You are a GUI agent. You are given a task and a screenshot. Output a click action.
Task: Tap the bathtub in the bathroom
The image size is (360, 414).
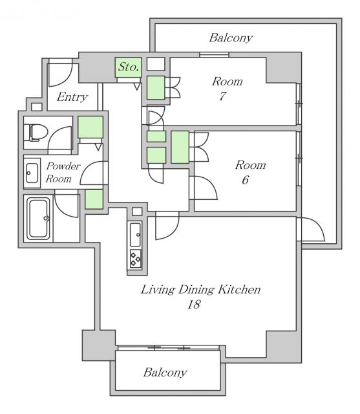coord(38,218)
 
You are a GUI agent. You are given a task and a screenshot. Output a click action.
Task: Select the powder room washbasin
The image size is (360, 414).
coord(32,173)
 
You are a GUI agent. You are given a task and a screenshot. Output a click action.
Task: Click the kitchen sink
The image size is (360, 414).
coord(136,234)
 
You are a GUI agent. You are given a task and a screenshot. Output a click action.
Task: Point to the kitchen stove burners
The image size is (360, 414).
coord(136,258)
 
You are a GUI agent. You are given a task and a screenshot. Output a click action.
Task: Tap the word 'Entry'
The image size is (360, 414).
coord(72,98)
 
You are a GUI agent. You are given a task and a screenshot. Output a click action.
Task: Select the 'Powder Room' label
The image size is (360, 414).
coord(63,172)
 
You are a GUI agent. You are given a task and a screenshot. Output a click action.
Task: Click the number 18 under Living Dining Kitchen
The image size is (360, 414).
coord(192,304)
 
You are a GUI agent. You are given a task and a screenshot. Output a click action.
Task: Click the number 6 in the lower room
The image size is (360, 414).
coord(245,179)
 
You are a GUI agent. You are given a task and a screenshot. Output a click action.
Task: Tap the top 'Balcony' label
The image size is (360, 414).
coord(230,38)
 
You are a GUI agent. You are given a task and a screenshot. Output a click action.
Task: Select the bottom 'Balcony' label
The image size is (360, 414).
coord(165,373)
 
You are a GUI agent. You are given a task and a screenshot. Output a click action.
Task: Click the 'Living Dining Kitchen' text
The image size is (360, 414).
coord(200,289)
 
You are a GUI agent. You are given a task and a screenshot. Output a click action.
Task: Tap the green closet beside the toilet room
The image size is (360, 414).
coord(90,127)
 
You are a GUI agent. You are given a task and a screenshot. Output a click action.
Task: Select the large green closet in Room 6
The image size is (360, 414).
coord(180,146)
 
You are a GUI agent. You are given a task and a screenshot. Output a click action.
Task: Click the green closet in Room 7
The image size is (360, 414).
coord(156,87)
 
